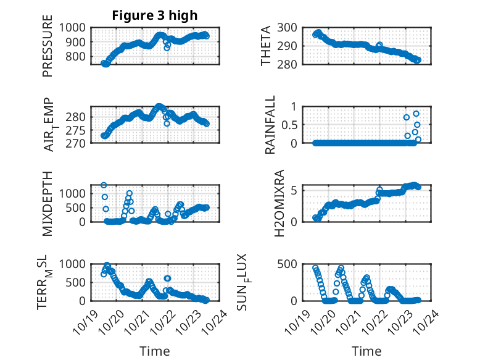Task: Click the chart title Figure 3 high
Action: tap(155, 15)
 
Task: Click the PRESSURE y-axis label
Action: tap(48, 51)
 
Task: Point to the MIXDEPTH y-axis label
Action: tap(48, 204)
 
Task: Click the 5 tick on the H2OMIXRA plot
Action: tap(298, 190)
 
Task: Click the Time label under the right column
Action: tap(366, 351)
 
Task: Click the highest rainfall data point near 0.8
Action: tap(416, 114)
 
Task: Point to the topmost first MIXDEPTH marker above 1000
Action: tap(104, 185)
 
